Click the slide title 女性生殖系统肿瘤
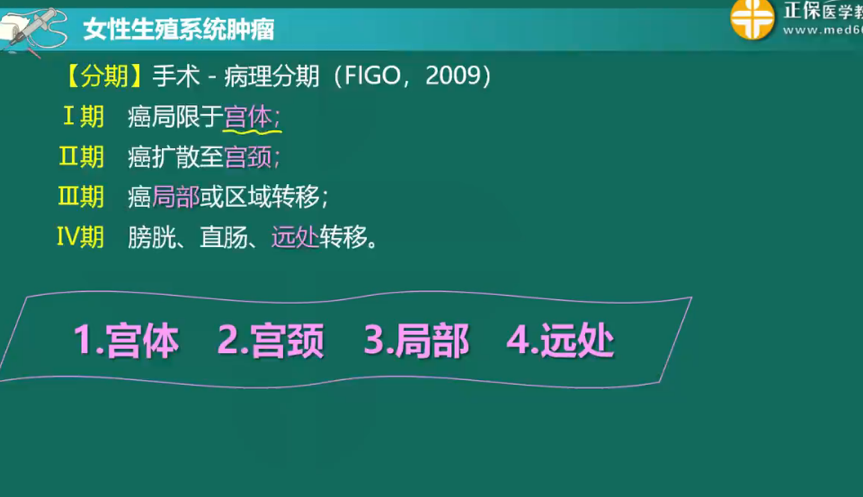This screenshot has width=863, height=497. tap(179, 29)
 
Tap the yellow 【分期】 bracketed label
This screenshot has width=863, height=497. tap(104, 76)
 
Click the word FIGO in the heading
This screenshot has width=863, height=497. tap(372, 75)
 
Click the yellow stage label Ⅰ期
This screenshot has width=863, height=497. tap(84, 116)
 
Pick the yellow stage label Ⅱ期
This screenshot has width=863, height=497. tap(82, 156)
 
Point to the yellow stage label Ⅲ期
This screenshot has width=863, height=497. tap(81, 197)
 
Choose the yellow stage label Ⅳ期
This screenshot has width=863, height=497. tap(80, 236)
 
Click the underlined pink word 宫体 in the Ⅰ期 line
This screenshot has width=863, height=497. tap(248, 117)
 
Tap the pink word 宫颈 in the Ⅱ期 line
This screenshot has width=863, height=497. tap(248, 157)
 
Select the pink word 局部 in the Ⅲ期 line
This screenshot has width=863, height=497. tap(175, 197)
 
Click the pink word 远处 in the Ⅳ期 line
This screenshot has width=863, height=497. tap(295, 237)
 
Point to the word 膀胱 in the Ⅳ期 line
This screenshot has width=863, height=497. tap(151, 237)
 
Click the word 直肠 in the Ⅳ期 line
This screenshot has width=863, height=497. tap(224, 237)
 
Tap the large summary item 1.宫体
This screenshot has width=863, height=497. tap(126, 340)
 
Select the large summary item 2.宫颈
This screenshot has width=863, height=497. tap(271, 340)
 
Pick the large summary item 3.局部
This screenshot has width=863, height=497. tap(416, 340)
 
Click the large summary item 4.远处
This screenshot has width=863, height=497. tap(560, 340)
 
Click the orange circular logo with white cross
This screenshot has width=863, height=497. tap(752, 19)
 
